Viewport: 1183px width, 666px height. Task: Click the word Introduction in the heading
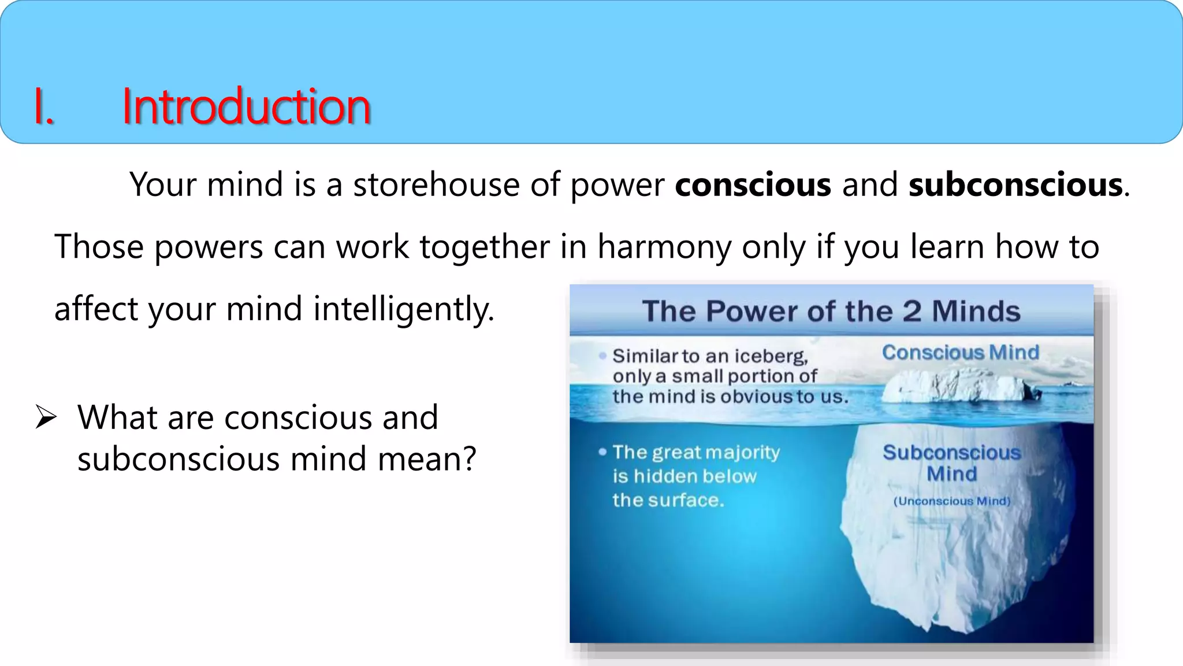[246, 106]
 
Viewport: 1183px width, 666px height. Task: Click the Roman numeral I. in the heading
[44, 106]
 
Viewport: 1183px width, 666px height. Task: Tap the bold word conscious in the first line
[753, 185]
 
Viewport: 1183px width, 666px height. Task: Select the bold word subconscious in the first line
[1015, 185]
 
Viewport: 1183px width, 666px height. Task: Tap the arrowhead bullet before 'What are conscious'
[46, 417]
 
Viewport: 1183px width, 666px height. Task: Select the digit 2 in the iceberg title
[912, 311]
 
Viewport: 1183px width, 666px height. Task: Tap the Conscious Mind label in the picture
[960, 352]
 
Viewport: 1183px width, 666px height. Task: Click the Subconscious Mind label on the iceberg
[951, 462]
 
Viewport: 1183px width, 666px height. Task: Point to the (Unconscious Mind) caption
[951, 501]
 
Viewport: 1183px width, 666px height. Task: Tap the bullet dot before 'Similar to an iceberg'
[602, 356]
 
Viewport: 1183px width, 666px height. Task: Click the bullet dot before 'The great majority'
[602, 452]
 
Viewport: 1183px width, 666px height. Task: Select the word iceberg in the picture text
[776, 356]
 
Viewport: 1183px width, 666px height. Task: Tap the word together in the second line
[484, 247]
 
